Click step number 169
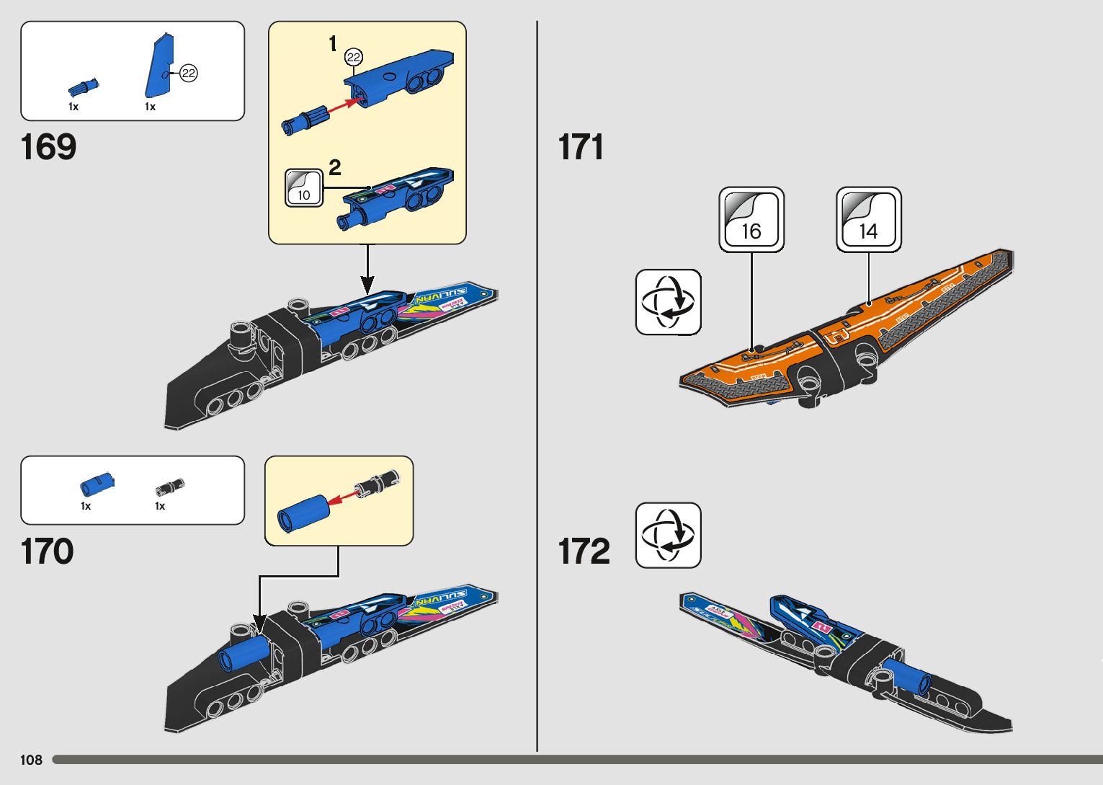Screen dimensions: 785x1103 [x=49, y=147]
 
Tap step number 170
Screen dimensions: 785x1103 [x=48, y=551]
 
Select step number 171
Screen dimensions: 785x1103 [x=581, y=147]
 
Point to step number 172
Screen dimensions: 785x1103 [x=584, y=551]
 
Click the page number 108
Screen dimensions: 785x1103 [x=31, y=760]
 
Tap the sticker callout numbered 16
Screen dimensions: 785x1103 [x=751, y=220]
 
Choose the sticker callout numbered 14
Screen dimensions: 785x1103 [x=868, y=220]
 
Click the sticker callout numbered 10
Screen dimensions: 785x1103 [x=304, y=188]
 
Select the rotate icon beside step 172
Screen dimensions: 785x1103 [x=668, y=536]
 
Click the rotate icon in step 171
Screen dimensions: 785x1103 [x=668, y=302]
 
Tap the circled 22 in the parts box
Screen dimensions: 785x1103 [x=189, y=73]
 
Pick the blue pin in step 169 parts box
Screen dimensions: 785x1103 [x=83, y=88]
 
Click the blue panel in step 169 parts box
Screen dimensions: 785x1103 [x=158, y=67]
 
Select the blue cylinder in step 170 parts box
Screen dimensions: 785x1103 [x=96, y=484]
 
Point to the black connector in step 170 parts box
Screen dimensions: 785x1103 [x=170, y=487]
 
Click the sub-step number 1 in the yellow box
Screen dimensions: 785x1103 [x=333, y=44]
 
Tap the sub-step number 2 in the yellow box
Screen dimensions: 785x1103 [x=335, y=167]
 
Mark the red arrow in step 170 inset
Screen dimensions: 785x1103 [x=344, y=495]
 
